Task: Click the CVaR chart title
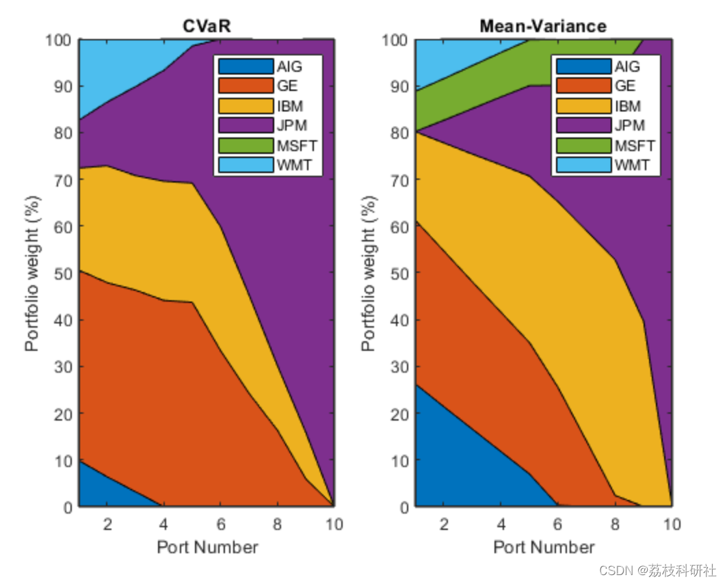click(206, 26)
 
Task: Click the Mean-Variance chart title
click(542, 26)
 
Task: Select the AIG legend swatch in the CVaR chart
click(246, 66)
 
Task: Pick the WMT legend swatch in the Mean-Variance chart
click(583, 165)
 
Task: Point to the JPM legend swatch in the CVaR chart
click(246, 126)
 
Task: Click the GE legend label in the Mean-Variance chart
click(624, 86)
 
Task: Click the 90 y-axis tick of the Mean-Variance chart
click(399, 87)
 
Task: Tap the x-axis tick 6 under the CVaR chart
click(221, 525)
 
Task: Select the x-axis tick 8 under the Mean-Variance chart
click(615, 525)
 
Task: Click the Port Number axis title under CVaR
click(207, 548)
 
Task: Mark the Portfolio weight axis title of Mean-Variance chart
click(369, 274)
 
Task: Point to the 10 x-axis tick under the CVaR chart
click(334, 525)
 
